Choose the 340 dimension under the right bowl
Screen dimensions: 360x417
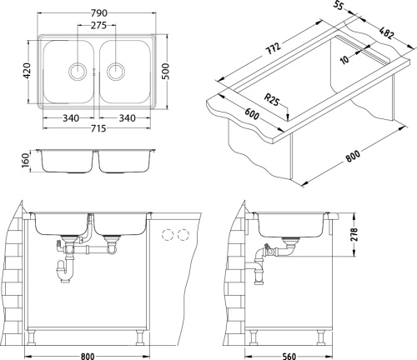126,117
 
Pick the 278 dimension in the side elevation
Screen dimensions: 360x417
354,234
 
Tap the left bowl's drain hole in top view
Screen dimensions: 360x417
78,69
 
